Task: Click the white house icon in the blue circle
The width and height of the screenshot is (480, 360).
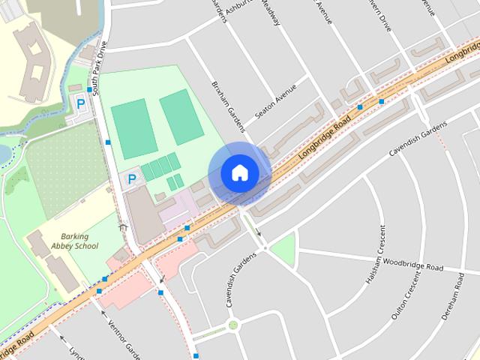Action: click(x=239, y=173)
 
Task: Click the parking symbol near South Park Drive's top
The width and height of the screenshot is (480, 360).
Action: click(x=78, y=103)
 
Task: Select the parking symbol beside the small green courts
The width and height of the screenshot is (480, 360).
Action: click(x=132, y=179)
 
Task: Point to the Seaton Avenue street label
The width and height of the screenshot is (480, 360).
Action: click(x=275, y=100)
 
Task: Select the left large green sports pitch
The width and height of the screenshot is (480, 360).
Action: click(x=133, y=127)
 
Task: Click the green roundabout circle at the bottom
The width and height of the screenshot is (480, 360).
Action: click(x=233, y=325)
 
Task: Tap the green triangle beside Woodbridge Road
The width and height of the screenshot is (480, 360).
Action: click(x=283, y=250)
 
